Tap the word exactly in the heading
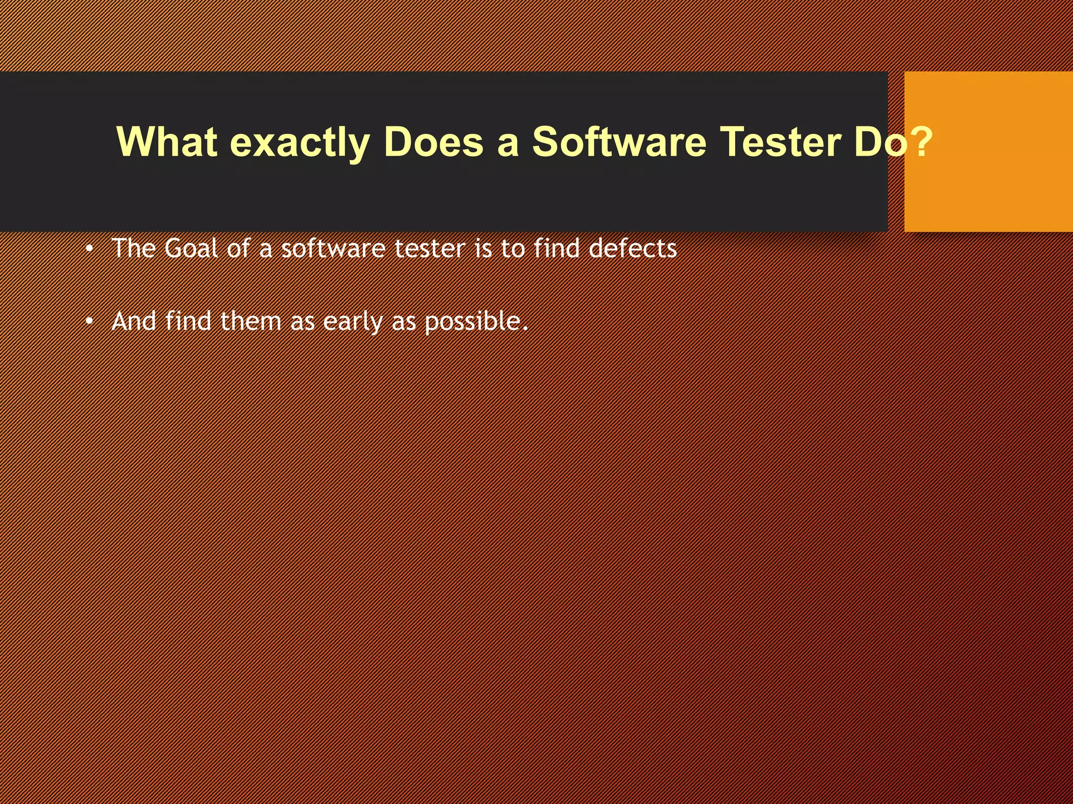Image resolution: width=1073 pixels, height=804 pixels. pyautogui.click(x=300, y=142)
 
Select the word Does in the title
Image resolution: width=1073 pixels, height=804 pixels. pyautogui.click(x=433, y=141)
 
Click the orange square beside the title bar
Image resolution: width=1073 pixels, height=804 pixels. pyautogui.click(x=988, y=151)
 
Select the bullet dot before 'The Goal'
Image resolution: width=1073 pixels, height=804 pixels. pyautogui.click(x=90, y=249)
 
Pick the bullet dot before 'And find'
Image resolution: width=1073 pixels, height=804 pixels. pyautogui.click(x=90, y=321)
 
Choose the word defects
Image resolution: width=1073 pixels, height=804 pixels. pyautogui.click(x=632, y=248)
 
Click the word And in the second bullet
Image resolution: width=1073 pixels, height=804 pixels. pyautogui.click(x=134, y=321)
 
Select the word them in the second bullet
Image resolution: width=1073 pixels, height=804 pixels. pyautogui.click(x=250, y=321)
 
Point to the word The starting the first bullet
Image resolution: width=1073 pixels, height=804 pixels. pyautogui.click(x=134, y=248)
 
